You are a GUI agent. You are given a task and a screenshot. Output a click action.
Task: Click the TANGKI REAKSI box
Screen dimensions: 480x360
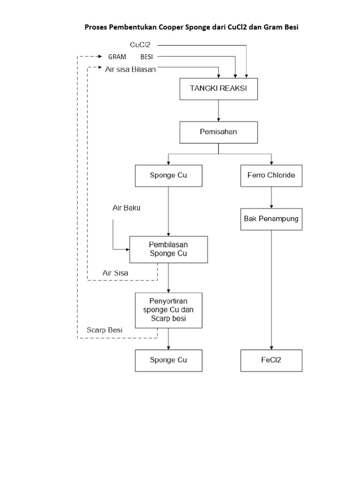coord(218,89)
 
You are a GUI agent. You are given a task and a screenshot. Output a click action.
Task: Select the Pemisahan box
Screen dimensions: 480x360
coord(218,132)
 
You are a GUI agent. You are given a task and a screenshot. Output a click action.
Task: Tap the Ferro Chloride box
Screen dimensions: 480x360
coord(271,176)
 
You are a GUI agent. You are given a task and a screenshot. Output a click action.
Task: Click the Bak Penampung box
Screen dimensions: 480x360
coord(271,219)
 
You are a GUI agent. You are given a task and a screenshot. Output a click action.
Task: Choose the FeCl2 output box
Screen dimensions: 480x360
coord(271,360)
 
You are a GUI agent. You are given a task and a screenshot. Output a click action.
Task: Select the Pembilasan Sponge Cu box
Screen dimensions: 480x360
coord(168,249)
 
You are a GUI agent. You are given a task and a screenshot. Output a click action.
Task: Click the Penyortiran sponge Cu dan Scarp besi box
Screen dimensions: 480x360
coord(168,310)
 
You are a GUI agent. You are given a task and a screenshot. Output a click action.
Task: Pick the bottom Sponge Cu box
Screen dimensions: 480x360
coord(168,360)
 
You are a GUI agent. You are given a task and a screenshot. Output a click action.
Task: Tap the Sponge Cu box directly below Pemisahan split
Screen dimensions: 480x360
coord(168,176)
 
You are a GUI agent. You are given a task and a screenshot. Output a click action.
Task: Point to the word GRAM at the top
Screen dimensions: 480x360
coord(117,57)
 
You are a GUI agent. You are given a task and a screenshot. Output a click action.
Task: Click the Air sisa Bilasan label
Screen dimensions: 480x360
coord(131,69)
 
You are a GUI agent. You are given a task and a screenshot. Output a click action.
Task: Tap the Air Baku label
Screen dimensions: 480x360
coord(126,208)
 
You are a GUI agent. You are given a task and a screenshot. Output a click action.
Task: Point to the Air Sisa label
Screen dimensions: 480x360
coord(115,272)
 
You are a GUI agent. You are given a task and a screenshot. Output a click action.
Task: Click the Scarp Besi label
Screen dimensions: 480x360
coord(105,330)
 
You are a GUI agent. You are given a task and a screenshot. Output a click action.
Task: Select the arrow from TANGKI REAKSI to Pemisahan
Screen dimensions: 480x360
coord(218,111)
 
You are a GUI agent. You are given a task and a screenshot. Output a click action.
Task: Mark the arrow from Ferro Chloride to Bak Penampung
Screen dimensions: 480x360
coord(271,197)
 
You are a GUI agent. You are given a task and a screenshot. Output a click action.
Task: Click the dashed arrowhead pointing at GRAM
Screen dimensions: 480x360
coord(104,57)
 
